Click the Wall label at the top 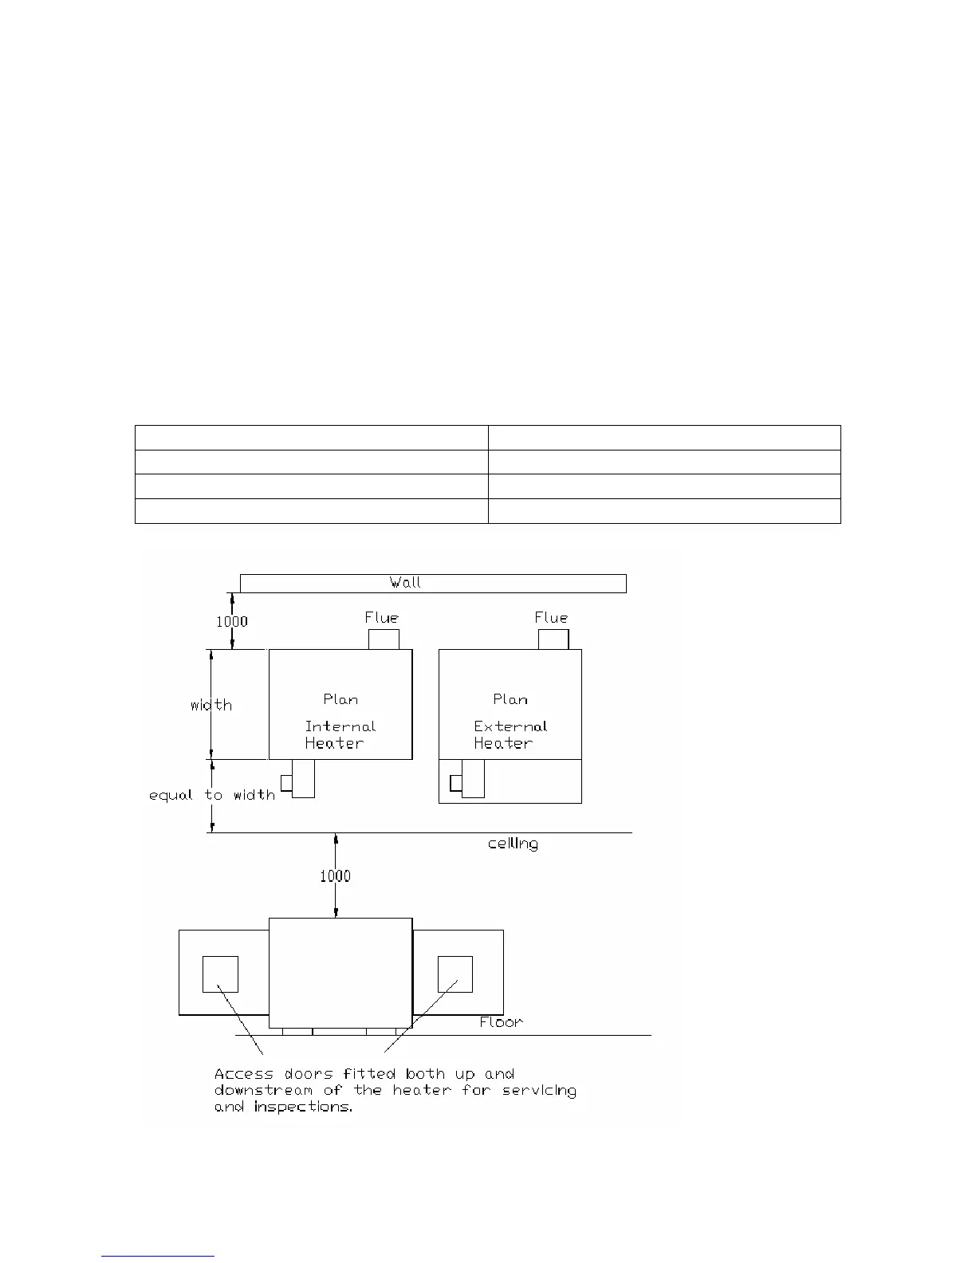(x=405, y=583)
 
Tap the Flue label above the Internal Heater (x=381, y=618)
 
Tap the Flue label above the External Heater (x=551, y=618)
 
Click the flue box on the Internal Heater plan (x=384, y=639)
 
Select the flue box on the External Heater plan (x=553, y=639)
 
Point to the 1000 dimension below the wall (x=232, y=622)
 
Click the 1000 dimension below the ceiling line (x=335, y=876)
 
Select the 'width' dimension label (x=211, y=705)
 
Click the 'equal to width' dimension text (x=211, y=795)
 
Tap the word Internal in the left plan (x=340, y=726)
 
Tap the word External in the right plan (x=510, y=726)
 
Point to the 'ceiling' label (x=513, y=844)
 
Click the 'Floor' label (x=501, y=1022)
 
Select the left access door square (x=220, y=974)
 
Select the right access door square (x=455, y=974)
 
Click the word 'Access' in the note (x=244, y=1074)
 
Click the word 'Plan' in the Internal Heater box (x=340, y=699)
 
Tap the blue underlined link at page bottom (x=159, y=1256)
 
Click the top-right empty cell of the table (x=664, y=438)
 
